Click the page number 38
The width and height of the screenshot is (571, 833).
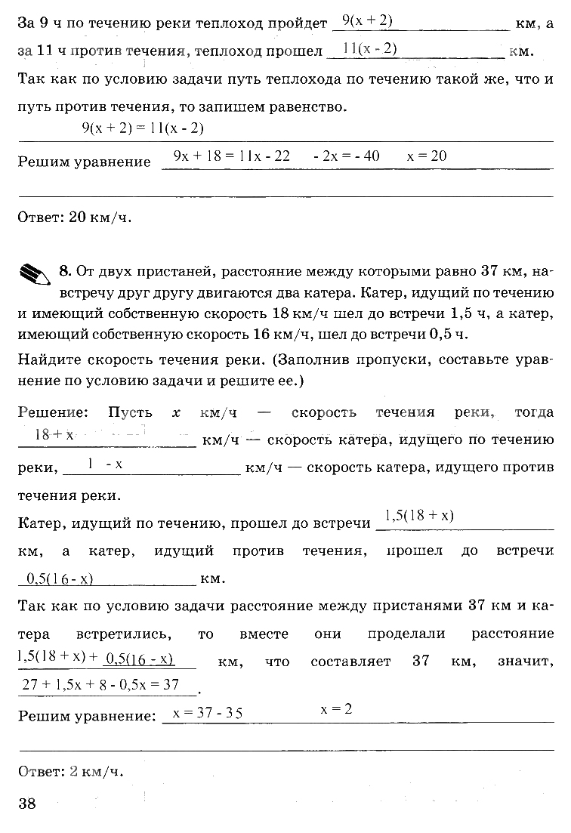pos(27,803)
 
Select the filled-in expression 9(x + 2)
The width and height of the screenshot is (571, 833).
pos(367,20)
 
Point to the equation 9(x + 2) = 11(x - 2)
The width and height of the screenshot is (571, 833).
pos(143,128)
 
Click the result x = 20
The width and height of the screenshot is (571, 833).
pos(427,156)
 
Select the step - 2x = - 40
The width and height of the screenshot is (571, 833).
pos(347,156)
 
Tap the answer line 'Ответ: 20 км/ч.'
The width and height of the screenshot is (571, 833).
pos(74,218)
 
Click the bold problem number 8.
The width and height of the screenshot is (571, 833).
pos(64,271)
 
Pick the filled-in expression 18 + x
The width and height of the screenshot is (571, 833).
pos(54,435)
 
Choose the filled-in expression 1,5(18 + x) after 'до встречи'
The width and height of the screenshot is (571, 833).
pos(418,516)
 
